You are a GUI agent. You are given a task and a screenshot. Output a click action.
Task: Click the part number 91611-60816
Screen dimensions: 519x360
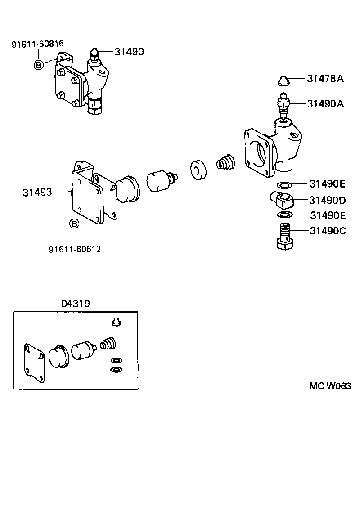[37, 44]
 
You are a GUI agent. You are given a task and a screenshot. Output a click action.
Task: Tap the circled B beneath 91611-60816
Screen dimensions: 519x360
[39, 65]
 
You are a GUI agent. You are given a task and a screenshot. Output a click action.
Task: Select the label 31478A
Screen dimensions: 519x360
[325, 79]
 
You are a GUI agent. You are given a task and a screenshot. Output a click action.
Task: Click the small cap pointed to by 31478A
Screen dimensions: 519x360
[283, 81]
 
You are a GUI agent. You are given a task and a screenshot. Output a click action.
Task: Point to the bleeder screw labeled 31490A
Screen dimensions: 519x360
[283, 106]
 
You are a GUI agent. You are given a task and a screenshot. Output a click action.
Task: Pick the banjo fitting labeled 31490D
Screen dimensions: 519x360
[281, 199]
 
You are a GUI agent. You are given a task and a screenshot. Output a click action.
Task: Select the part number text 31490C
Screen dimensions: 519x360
[328, 231]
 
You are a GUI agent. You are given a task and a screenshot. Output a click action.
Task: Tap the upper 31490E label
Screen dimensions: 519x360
[328, 183]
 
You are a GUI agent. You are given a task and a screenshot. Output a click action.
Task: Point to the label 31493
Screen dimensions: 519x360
[37, 192]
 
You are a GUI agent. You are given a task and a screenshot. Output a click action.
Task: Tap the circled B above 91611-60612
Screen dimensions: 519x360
[75, 224]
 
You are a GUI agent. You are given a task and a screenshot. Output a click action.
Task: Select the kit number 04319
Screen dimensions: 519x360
[76, 304]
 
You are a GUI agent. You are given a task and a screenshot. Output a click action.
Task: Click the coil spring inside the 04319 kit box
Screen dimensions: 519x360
[108, 345]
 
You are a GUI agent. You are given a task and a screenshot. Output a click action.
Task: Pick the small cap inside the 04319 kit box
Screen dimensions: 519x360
[117, 321]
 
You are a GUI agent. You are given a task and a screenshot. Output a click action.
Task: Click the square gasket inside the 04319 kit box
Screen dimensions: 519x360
[35, 363]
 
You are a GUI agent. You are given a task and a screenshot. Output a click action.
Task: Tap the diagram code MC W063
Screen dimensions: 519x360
[329, 386]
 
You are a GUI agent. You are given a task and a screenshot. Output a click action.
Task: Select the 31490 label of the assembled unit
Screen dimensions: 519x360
[129, 52]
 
